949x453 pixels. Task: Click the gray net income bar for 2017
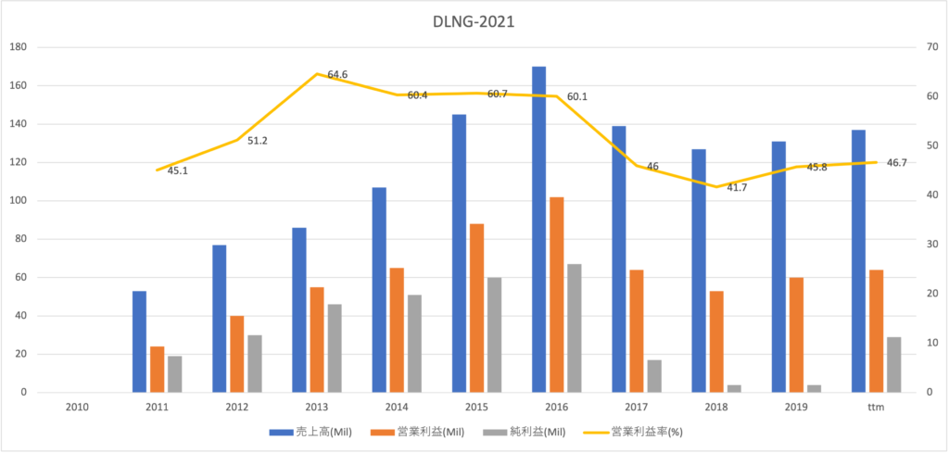[x=654, y=376]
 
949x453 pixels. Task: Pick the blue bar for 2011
[x=139, y=342]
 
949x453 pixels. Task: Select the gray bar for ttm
[x=894, y=365]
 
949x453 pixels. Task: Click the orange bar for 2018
[x=716, y=342]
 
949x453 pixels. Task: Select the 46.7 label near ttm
[x=896, y=163]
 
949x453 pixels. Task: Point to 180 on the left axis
[x=19, y=47]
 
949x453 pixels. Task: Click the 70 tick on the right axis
[x=927, y=47]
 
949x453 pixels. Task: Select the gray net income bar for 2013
[x=335, y=348]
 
